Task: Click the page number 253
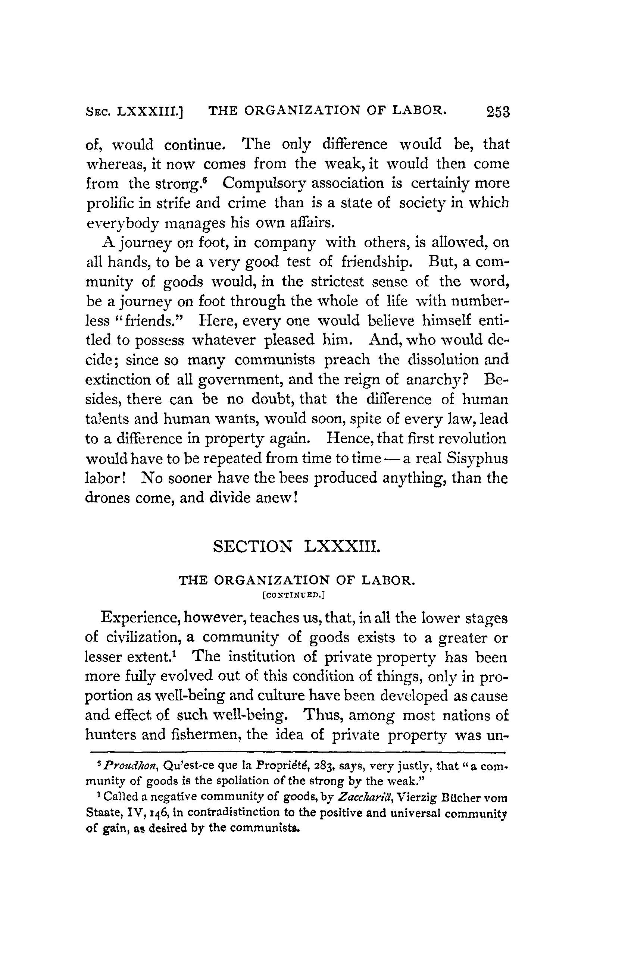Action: [x=498, y=112]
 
